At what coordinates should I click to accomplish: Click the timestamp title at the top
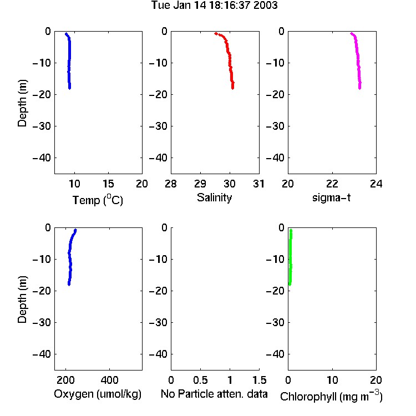click(x=214, y=5)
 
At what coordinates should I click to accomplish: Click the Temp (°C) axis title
click(x=98, y=200)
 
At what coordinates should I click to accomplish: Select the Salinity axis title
click(x=214, y=197)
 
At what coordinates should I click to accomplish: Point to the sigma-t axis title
click(x=331, y=197)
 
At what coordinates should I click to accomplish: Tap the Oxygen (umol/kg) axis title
click(x=98, y=394)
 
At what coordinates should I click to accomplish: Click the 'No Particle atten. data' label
click(x=214, y=394)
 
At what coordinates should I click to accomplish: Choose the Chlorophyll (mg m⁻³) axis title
click(x=331, y=396)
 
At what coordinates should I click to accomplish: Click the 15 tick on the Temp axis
click(x=108, y=184)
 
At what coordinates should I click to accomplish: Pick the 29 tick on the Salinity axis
click(x=200, y=184)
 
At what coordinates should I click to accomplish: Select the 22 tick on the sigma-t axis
click(x=332, y=184)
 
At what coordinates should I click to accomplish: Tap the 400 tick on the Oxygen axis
click(x=109, y=380)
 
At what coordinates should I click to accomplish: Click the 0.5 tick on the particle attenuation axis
click(x=200, y=380)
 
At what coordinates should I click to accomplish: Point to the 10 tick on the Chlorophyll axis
click(x=332, y=380)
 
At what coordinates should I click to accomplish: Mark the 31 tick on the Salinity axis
click(x=258, y=184)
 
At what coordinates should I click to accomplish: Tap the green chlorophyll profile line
click(x=291, y=257)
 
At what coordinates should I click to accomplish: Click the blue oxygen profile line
click(x=70, y=257)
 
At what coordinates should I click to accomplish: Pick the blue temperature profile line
click(x=69, y=60)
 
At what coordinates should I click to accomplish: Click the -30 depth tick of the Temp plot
click(x=42, y=126)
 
